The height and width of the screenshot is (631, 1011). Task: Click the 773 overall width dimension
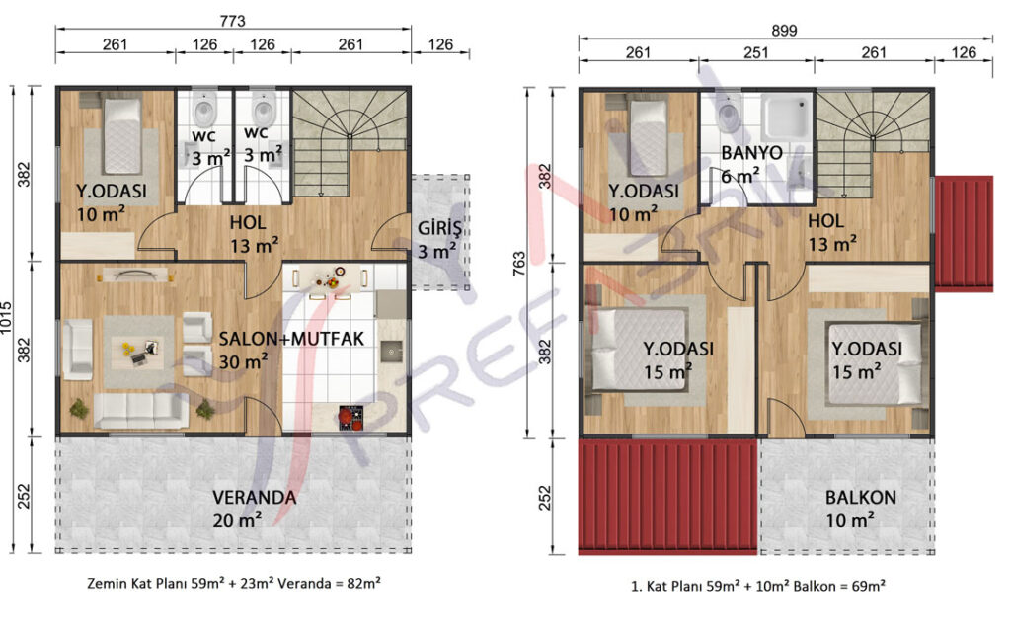[x=232, y=21]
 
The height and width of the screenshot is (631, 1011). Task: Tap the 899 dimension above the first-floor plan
[x=784, y=31]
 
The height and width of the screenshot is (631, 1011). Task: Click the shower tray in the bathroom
[x=786, y=118]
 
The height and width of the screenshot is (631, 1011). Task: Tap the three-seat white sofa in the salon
[x=142, y=411]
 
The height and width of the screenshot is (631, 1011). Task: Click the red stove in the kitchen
[x=351, y=417]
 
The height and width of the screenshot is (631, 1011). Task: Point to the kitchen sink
[x=391, y=352]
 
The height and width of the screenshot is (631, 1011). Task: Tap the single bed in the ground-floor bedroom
[x=121, y=135]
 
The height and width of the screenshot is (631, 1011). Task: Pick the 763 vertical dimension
[x=519, y=264]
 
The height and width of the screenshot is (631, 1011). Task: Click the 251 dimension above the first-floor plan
[x=755, y=52]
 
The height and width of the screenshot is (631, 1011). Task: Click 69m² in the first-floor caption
[x=867, y=586]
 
